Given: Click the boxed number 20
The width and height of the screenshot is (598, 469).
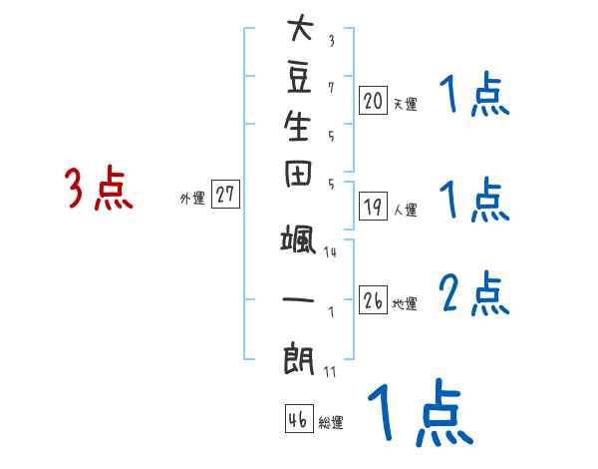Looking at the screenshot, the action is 373,100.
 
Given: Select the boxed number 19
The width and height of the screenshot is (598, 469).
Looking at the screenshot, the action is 373,207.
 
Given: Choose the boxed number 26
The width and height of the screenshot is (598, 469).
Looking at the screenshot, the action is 373,300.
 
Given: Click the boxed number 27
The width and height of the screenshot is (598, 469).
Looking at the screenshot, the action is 225,196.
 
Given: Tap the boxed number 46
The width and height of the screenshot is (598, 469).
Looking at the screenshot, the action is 298,420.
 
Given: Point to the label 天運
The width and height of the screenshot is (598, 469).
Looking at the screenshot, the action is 404,103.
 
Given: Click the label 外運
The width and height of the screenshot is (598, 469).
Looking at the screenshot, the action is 192,199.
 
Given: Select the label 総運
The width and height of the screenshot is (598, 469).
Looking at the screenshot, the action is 331,423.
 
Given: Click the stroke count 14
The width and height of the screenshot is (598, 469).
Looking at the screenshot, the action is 330,252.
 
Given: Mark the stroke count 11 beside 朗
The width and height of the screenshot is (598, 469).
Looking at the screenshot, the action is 330,372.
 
